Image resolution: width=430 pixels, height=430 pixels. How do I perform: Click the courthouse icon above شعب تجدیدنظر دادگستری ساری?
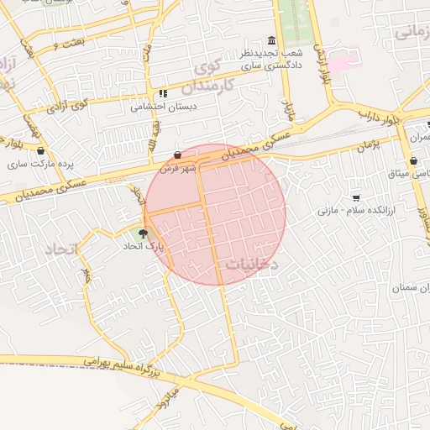pyautogui.click(x=270, y=41)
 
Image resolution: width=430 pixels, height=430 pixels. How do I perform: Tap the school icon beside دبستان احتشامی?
pyautogui.click(x=162, y=94)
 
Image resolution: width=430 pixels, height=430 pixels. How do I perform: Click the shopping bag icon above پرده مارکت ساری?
pyautogui.click(x=40, y=150)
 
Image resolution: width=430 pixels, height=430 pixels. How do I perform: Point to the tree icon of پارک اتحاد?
pyautogui.click(x=143, y=233)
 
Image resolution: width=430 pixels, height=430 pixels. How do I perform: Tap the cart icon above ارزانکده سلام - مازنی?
pyautogui.click(x=356, y=197)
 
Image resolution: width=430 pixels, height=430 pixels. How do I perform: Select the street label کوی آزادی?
pyautogui.click(x=69, y=106)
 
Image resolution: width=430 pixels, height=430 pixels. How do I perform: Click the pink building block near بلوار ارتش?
pyautogui.click(x=338, y=63)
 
